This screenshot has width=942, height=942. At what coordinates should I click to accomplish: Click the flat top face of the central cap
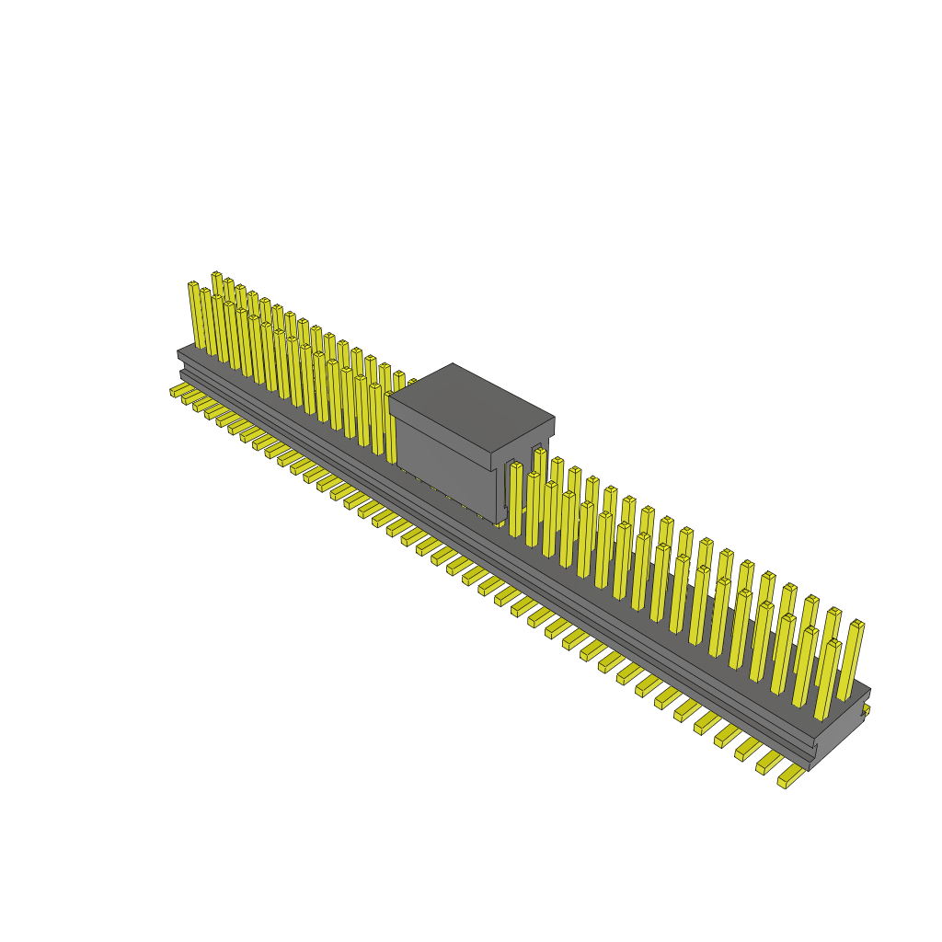pyautogui.click(x=471, y=405)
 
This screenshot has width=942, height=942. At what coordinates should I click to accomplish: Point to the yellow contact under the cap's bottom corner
pyautogui.click(x=500, y=523)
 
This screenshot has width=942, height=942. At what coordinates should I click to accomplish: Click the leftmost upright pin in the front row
pyautogui.click(x=195, y=315)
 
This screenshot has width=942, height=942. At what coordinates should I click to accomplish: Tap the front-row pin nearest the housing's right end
pyautogui.click(x=826, y=681)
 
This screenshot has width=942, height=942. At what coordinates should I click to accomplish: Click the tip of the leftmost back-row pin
pyautogui.click(x=216, y=275)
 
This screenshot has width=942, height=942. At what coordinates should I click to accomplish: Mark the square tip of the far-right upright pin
pyautogui.click(x=857, y=625)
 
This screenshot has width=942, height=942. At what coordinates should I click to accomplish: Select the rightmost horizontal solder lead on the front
pyautogui.click(x=789, y=779)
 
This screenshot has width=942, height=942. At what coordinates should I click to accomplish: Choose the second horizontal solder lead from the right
pyautogui.click(x=768, y=763)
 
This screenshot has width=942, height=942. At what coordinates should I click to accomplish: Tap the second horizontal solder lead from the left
pyautogui.click(x=190, y=397)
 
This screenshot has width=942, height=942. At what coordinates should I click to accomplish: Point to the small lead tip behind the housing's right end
pyautogui.click(x=866, y=709)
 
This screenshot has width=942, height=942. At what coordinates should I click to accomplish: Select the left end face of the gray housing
pyautogui.click(x=181, y=364)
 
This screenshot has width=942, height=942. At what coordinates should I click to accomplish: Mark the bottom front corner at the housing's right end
pyautogui.click(x=810, y=768)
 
